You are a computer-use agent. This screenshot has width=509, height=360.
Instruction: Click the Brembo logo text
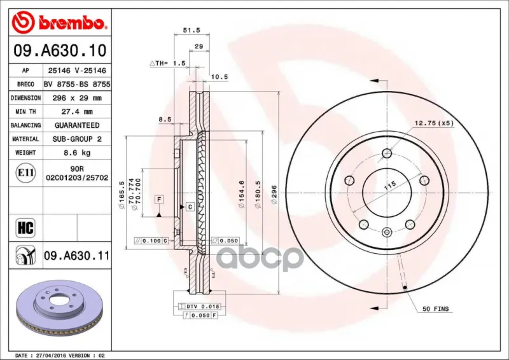[x=71, y=22]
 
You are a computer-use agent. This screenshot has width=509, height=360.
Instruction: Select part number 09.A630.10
[x=60, y=50]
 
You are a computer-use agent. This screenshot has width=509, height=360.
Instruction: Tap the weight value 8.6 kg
[x=77, y=153]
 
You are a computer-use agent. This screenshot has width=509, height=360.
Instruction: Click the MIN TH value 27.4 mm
[x=77, y=112]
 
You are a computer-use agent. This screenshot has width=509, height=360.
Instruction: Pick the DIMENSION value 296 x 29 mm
[x=77, y=98]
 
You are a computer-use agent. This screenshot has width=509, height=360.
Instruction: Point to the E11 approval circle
[x=25, y=173]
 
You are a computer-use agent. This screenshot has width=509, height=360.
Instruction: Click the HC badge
[x=25, y=228]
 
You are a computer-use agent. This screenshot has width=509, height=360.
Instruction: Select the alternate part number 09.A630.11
[x=76, y=256]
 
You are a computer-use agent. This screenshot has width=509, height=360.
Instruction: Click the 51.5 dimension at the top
[x=192, y=30]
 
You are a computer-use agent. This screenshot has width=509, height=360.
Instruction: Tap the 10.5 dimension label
[x=220, y=77]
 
